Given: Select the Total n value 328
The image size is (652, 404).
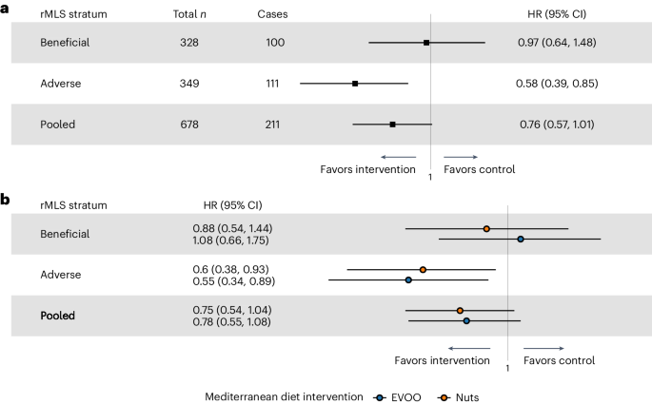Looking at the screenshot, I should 189,43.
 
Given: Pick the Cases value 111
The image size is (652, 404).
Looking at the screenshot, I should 279,84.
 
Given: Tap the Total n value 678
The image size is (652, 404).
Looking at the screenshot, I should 189,124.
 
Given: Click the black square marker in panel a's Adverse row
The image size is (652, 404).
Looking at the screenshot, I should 355,84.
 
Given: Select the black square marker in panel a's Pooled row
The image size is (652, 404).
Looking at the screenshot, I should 392,124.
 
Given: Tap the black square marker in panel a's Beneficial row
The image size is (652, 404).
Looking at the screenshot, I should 426,43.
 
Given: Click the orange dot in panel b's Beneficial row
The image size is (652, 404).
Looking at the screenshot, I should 486,228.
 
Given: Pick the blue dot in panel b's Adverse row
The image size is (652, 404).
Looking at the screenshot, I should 408,279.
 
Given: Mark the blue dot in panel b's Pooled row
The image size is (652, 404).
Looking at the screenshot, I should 466,321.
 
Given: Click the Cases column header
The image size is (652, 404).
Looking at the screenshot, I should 272,14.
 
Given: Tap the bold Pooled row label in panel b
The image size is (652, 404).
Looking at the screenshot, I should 57,315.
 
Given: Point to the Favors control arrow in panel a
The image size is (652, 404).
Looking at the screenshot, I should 461,156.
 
